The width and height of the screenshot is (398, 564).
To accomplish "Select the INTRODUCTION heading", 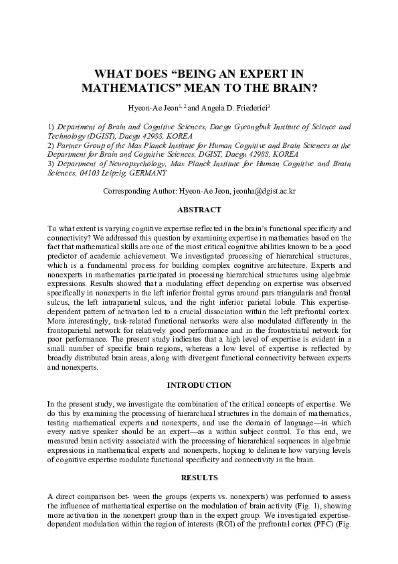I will (199, 385).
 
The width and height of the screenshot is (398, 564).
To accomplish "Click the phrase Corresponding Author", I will (138, 191).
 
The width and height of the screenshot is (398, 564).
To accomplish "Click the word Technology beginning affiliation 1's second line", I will (48, 135).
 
